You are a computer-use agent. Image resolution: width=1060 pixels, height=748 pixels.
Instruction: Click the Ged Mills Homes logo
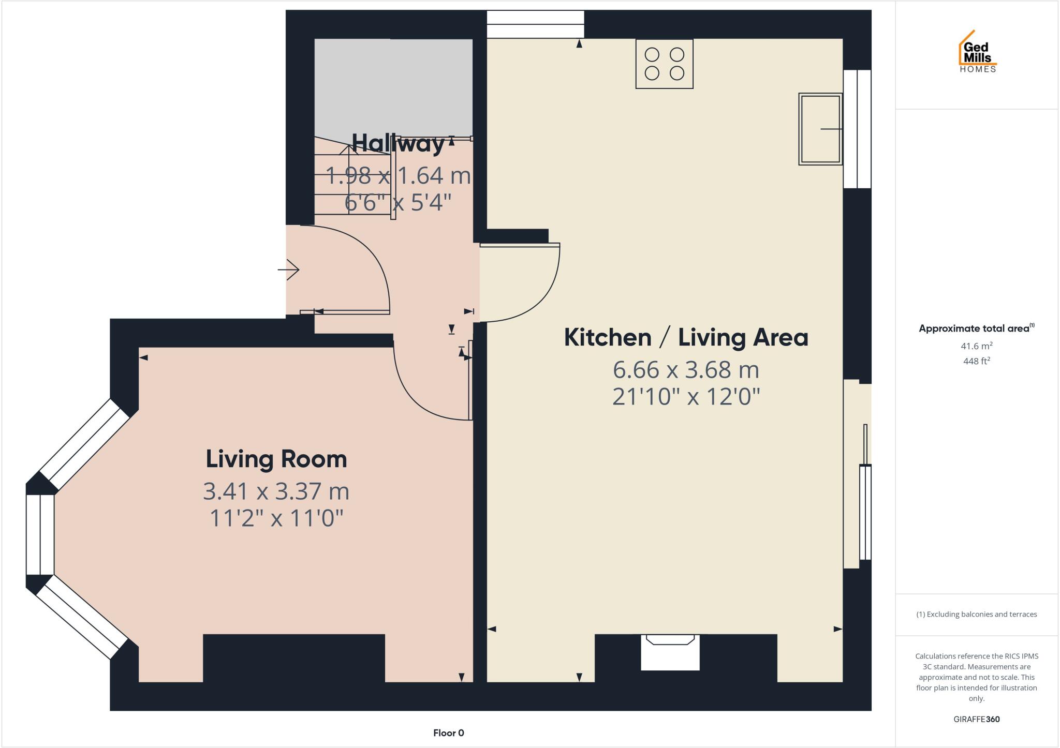(x=977, y=52)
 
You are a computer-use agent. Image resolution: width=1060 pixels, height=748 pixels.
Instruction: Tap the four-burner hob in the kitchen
(x=664, y=64)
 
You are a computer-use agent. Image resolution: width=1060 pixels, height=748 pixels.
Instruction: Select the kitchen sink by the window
(x=820, y=129)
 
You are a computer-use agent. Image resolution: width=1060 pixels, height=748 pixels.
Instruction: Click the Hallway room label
(x=397, y=143)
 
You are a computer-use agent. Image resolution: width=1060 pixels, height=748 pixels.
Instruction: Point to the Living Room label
(x=276, y=459)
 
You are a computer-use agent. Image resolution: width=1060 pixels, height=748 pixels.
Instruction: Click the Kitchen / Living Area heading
(x=686, y=338)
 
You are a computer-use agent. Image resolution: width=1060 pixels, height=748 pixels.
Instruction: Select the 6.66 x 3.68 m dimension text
(x=686, y=370)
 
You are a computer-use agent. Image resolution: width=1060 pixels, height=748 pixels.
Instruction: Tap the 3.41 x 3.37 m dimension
(x=276, y=491)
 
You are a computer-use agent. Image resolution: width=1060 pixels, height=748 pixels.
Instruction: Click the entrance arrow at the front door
(x=289, y=270)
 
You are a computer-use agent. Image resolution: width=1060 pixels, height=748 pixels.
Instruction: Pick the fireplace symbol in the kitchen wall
(x=670, y=652)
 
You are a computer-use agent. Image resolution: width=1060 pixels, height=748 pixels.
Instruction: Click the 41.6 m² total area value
(x=976, y=346)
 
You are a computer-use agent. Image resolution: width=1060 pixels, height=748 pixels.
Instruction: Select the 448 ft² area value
(x=976, y=361)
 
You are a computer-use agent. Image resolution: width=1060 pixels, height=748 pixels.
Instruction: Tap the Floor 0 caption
(x=448, y=733)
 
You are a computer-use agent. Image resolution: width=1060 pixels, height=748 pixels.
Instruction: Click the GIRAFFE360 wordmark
(x=976, y=719)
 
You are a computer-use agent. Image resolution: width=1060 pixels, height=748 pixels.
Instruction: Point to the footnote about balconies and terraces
(x=976, y=615)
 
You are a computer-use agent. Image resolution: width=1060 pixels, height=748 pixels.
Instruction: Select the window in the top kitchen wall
(x=535, y=24)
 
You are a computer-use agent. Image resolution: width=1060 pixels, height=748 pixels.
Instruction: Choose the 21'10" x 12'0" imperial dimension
(x=686, y=397)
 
